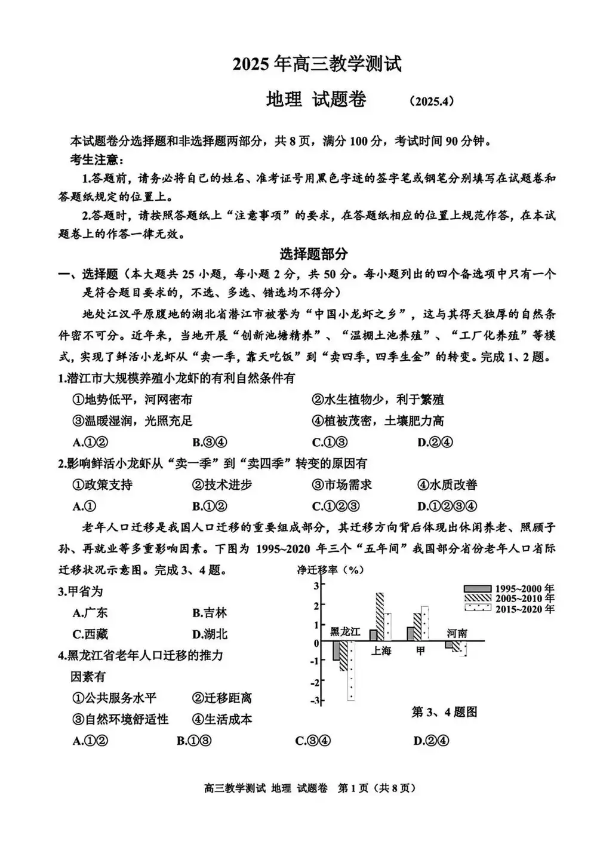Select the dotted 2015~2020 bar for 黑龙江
point(351,671)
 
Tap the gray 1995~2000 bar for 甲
point(410,634)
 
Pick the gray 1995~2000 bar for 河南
point(449,645)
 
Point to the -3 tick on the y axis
point(316,701)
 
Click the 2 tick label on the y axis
point(316,605)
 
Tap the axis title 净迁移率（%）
point(330,569)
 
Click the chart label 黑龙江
point(345,632)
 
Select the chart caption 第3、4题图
point(444,712)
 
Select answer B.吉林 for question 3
point(210,613)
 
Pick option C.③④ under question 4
point(313,741)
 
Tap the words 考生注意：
point(97,159)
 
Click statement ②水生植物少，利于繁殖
point(377,400)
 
